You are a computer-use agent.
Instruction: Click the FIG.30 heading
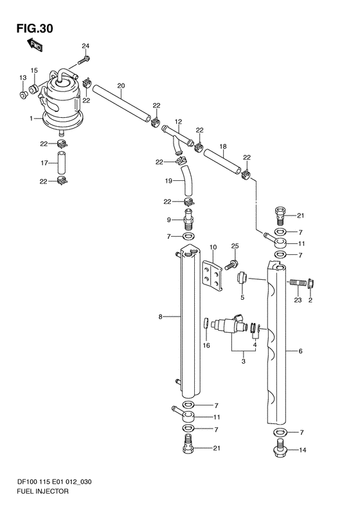[x=35, y=28]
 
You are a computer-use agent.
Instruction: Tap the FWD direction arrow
[x=34, y=45]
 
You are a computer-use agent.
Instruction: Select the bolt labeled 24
[x=84, y=60]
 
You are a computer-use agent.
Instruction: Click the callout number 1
[x=32, y=119]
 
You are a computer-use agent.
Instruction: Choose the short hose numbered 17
[x=62, y=163]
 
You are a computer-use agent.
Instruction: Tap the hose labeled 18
[x=222, y=162]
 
